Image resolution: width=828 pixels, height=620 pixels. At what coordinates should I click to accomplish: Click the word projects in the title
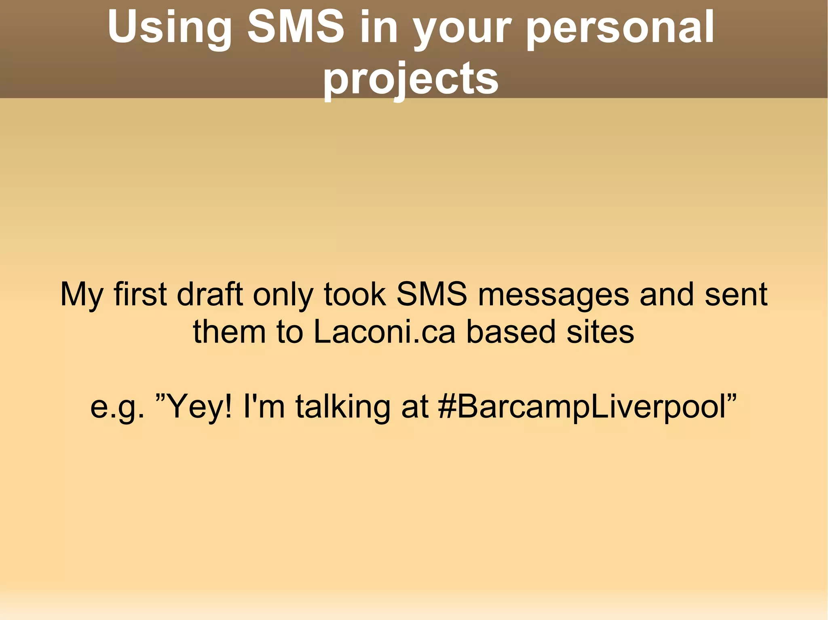click(411, 78)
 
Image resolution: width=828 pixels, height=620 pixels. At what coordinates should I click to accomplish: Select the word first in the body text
click(140, 294)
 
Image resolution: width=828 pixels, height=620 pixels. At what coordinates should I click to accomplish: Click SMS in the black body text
click(431, 294)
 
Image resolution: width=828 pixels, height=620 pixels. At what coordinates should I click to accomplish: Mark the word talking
click(343, 407)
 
